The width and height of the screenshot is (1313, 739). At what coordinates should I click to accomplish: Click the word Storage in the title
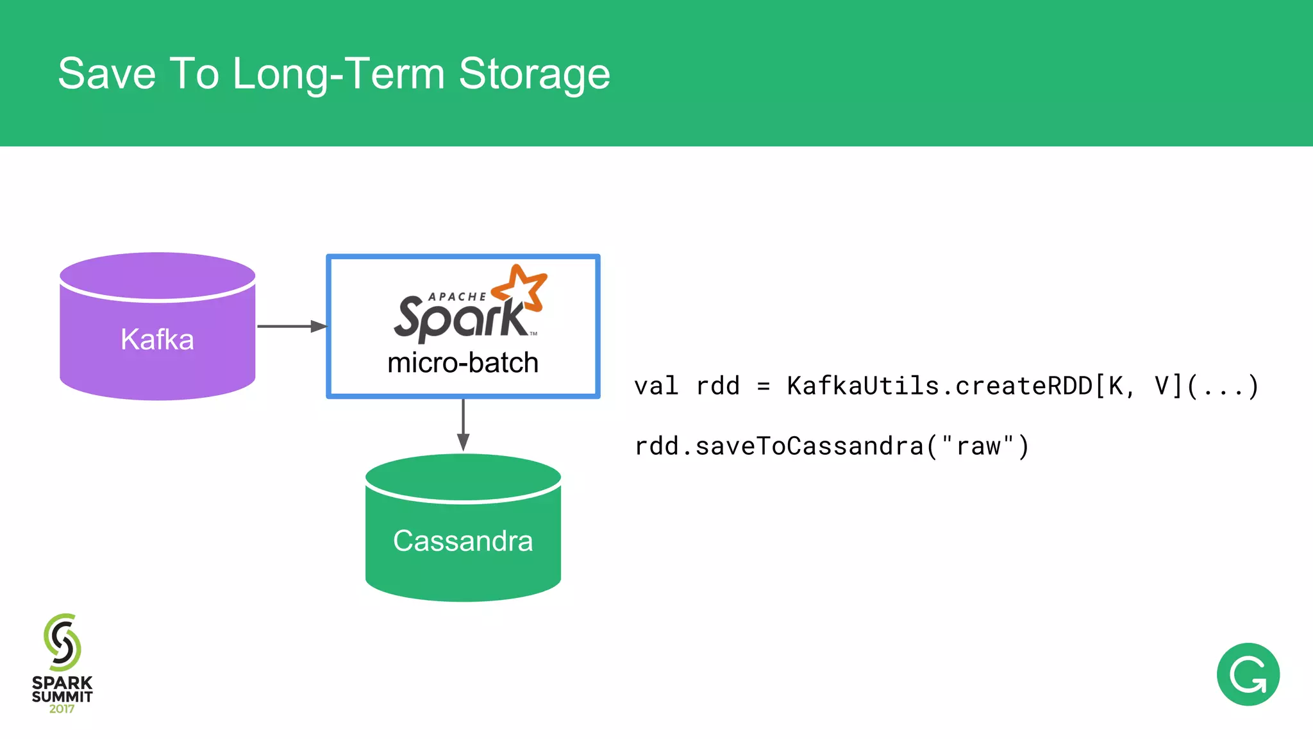pos(534,74)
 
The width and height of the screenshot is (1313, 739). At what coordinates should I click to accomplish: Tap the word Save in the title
pos(106,74)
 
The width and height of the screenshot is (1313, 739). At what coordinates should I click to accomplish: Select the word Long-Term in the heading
pos(339,74)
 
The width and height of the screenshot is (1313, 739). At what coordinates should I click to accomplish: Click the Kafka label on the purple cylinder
pos(157,339)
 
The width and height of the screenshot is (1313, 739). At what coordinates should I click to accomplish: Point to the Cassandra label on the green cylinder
pos(463,541)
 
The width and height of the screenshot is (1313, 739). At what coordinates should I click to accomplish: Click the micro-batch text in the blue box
pos(463,363)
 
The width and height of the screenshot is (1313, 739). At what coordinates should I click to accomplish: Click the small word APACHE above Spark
pos(457,296)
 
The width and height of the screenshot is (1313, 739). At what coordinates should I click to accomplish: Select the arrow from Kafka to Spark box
pos(292,327)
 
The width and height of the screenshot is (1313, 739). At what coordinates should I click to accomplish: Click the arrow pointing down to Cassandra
pos(463,425)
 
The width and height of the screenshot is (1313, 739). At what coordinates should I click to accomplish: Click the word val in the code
pos(656,386)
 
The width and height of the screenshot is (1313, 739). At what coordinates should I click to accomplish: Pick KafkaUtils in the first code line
pos(863,386)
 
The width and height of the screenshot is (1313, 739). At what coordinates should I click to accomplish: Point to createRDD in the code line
pos(1024,386)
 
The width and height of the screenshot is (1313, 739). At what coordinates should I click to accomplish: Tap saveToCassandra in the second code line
pos(809,446)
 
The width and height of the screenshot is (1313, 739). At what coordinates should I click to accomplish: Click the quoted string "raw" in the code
pos(978,446)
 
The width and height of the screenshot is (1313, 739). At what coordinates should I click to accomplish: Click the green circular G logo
pos(1248,674)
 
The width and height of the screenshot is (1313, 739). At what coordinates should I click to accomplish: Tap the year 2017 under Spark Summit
pos(62,709)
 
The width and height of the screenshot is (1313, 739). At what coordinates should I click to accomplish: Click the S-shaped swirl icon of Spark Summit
pos(62,642)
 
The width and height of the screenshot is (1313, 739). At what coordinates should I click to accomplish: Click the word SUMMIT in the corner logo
pos(62,697)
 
